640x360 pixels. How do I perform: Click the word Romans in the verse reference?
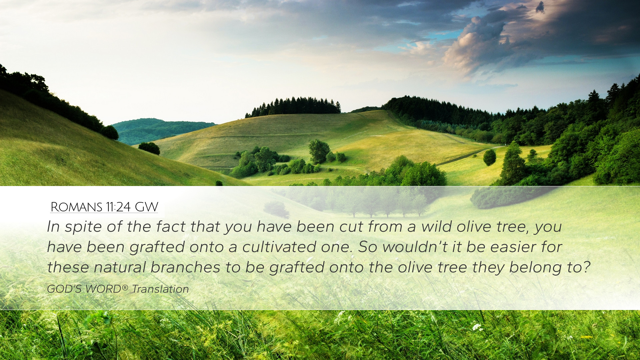76,207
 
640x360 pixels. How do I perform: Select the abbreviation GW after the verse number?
146,207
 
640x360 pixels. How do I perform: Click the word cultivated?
279,247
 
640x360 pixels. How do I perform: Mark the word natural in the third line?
120,267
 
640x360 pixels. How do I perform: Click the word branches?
185,267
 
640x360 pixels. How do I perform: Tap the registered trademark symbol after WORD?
125,287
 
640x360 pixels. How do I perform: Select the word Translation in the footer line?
160,289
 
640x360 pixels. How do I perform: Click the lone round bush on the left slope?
149,148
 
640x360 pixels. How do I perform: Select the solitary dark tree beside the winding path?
489,157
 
